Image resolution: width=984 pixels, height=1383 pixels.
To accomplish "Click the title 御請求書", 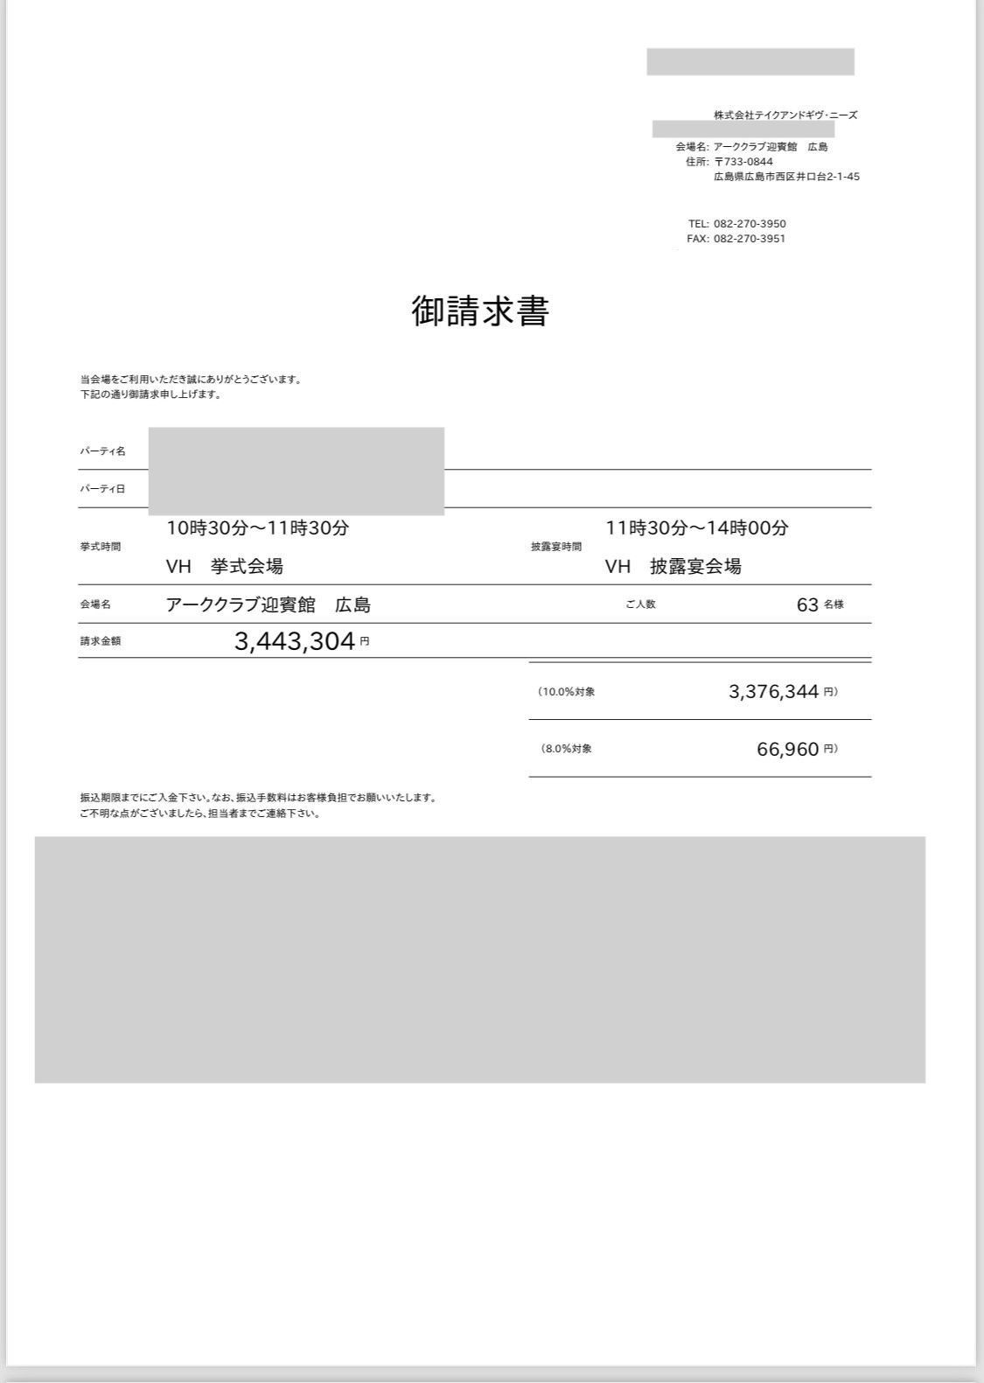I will (479, 311).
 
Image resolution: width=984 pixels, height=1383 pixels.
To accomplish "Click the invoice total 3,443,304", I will (294, 641).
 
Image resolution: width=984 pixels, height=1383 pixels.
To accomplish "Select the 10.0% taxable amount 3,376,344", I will (773, 692).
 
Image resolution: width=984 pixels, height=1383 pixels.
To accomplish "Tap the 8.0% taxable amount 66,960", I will (787, 749).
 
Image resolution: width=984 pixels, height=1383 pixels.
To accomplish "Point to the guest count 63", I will (807, 604).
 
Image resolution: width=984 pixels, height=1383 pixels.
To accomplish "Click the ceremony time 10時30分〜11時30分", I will (258, 527).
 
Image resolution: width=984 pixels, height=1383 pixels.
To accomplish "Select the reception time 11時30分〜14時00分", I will (697, 527).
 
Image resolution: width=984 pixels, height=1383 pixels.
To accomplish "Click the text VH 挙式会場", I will (225, 566).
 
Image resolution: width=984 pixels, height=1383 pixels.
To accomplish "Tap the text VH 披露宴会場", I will (673, 566).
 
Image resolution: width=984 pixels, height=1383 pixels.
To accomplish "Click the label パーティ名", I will (102, 451).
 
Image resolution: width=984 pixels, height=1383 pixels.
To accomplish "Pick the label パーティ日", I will (102, 489).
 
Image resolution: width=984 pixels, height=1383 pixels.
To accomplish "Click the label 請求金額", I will (101, 641).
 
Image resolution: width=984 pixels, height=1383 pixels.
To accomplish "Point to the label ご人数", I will (640, 604).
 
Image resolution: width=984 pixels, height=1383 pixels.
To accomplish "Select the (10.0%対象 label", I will (567, 692).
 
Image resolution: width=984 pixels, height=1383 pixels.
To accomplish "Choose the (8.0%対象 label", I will (565, 749).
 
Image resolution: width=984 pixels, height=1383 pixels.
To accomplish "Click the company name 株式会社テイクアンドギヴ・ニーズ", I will (785, 115).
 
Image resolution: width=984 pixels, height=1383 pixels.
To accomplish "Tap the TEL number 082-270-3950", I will (750, 224).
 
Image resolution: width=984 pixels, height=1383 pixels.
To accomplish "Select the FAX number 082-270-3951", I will (750, 239).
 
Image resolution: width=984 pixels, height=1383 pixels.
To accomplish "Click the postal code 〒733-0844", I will (743, 162).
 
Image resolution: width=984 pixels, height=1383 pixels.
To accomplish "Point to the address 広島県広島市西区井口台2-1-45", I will (786, 177).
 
